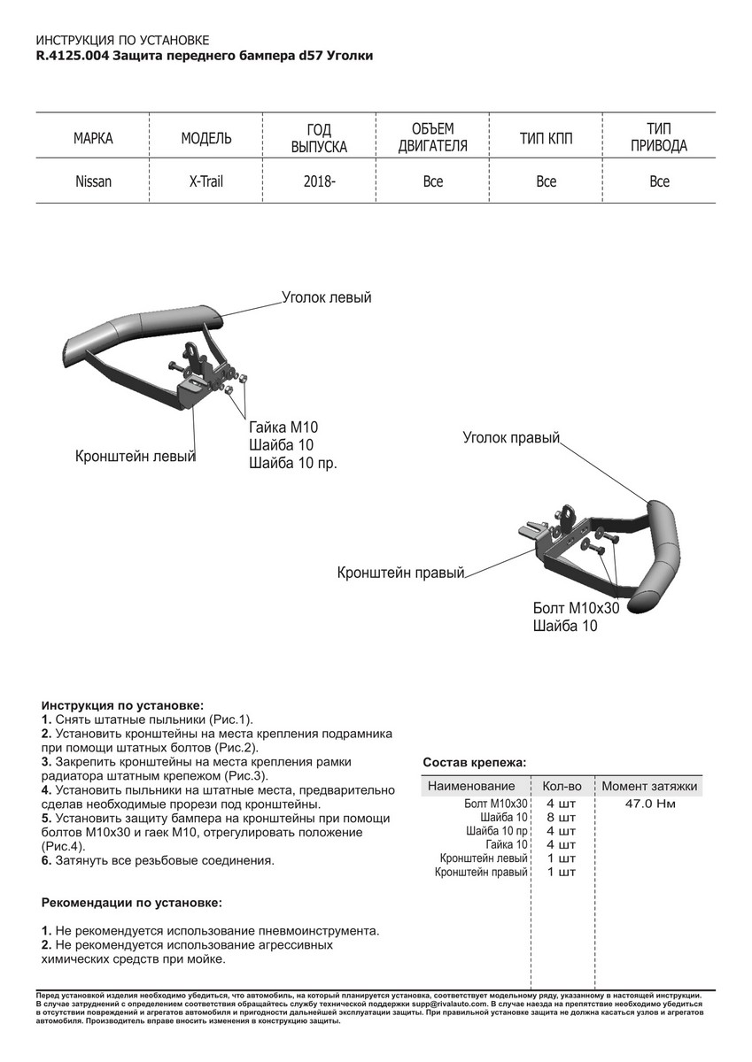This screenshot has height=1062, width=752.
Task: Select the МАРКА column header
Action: coord(93,139)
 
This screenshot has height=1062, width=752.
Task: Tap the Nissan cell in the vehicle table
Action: coord(93,181)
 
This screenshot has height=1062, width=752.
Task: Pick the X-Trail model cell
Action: coord(206,181)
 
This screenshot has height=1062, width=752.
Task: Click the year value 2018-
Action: coord(319,181)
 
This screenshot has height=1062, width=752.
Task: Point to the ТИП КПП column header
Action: coord(546,139)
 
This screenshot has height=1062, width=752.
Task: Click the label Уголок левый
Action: coord(326,297)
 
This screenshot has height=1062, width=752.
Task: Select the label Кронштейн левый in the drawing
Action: coord(135,457)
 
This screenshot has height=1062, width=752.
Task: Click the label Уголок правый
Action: coord(511,437)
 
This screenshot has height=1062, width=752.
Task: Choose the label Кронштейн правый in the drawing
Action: coord(400,573)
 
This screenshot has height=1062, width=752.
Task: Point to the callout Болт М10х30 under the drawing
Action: coord(575,608)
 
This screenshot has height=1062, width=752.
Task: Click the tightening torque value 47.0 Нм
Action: coord(650,804)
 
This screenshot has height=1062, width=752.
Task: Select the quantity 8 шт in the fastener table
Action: coord(561,818)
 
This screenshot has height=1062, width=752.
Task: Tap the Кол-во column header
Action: coord(561,786)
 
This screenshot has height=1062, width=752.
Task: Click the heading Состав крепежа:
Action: coord(474,761)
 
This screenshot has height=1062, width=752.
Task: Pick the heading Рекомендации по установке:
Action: coord(132,903)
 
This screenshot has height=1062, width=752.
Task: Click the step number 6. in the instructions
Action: coord(47,860)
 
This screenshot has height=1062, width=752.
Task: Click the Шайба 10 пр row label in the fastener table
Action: coord(497,831)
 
